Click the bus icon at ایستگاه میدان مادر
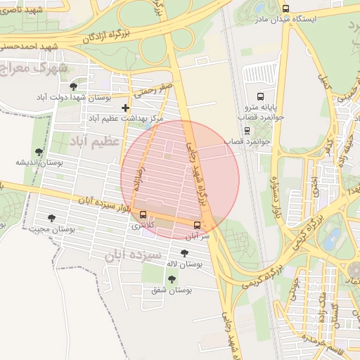[x=285, y=8]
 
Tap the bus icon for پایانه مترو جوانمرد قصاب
[x=260, y=96]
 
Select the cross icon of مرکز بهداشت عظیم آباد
[x=125, y=108]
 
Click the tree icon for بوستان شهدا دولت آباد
[x=73, y=86]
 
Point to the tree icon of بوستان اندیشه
[x=39, y=151]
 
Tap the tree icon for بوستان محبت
[x=51, y=218]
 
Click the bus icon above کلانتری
[x=143, y=214]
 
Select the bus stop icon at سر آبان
[x=196, y=225]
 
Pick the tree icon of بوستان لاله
[x=184, y=253]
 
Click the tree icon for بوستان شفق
[x=172, y=278]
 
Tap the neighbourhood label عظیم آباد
[x=96, y=141]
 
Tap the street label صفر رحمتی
[x=155, y=89]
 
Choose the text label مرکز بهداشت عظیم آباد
[x=127, y=119]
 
